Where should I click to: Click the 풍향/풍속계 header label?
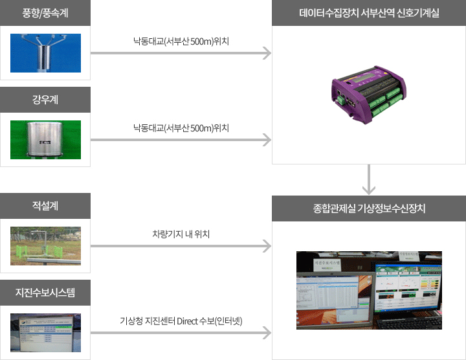(45, 13)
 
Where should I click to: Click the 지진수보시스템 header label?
(45, 292)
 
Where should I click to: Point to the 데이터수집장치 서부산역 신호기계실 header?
(369, 13)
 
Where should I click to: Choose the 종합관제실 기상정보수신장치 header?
(369, 208)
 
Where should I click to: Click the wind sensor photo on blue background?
(45, 52)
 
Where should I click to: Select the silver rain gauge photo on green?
(45, 139)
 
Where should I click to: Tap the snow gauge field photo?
(45, 246)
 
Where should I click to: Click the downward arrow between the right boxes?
(369, 181)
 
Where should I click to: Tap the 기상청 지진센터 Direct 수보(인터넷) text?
(181, 321)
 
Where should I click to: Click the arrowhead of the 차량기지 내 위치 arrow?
(266, 246)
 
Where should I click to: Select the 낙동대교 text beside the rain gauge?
(181, 128)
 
